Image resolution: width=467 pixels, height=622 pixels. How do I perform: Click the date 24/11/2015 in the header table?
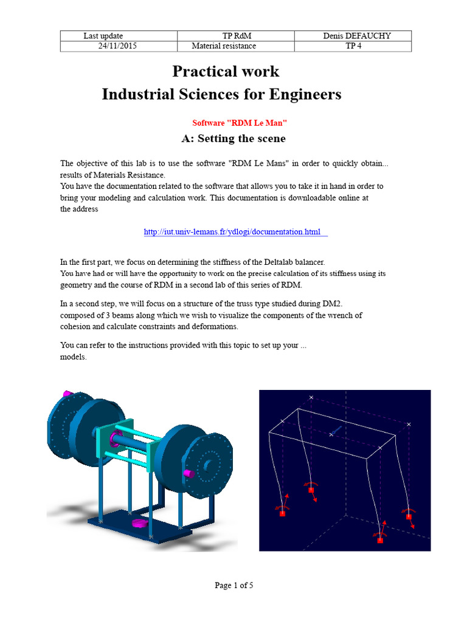(x=119, y=46)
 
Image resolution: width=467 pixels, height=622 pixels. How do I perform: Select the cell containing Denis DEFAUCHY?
(x=353, y=36)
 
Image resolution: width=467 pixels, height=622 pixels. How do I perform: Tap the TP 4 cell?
(x=353, y=46)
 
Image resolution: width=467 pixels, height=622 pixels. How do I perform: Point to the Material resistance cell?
(x=224, y=46)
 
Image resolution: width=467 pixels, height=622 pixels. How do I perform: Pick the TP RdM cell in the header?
(x=236, y=36)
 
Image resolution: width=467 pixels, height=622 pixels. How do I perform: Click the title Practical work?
(x=226, y=72)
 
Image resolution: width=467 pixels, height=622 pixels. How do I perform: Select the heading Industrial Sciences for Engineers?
(x=221, y=95)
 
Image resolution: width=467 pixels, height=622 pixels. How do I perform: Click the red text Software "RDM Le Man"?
(x=235, y=123)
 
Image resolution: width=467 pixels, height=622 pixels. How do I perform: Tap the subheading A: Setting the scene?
(x=233, y=139)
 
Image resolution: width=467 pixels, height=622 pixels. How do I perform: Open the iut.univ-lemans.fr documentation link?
(x=234, y=232)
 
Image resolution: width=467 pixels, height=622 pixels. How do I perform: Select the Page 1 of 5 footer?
(x=233, y=586)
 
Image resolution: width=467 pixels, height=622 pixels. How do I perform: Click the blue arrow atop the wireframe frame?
(x=336, y=431)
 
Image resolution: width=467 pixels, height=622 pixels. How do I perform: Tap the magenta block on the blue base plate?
(x=139, y=522)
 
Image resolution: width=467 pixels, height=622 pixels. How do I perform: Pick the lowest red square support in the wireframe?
(x=380, y=540)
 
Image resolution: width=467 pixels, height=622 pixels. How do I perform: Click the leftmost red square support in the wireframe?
(x=282, y=514)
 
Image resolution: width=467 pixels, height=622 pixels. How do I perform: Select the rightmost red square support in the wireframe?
(x=409, y=517)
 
